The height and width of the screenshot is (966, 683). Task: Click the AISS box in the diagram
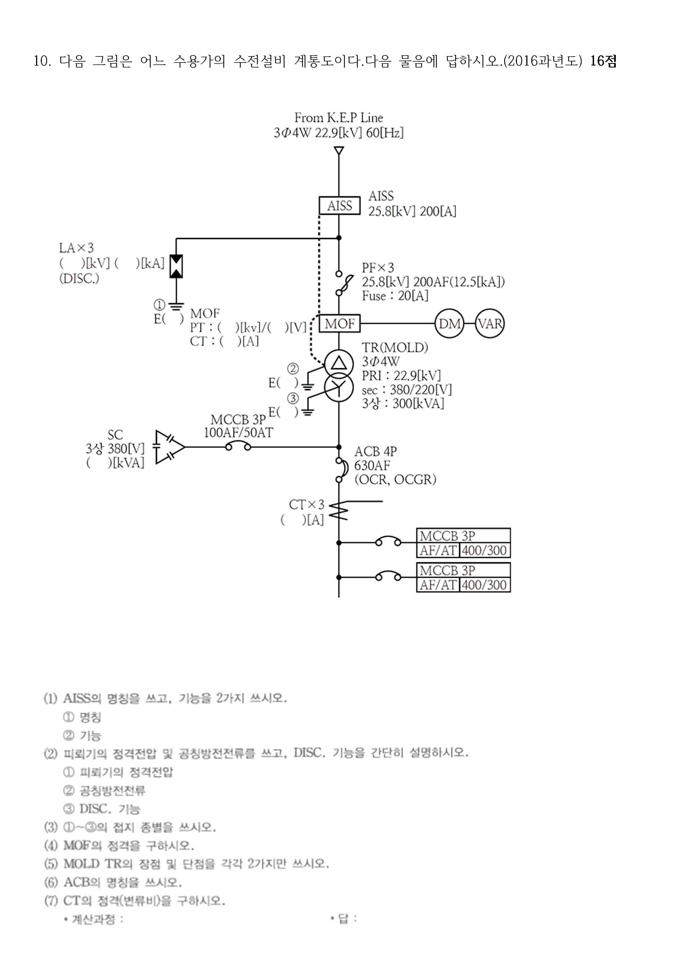[x=340, y=206]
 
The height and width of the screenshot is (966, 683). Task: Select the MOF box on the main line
[x=340, y=324]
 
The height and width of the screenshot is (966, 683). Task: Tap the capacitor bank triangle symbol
[x=168, y=447]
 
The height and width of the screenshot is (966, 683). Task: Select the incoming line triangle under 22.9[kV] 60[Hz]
[x=339, y=151]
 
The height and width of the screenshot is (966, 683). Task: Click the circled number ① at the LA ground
[x=159, y=305]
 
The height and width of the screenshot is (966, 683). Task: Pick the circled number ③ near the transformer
[x=293, y=398]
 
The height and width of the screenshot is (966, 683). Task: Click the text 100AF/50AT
[x=238, y=433]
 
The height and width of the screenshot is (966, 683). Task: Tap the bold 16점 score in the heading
[x=603, y=61]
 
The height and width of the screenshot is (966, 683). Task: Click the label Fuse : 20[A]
[x=395, y=296]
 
